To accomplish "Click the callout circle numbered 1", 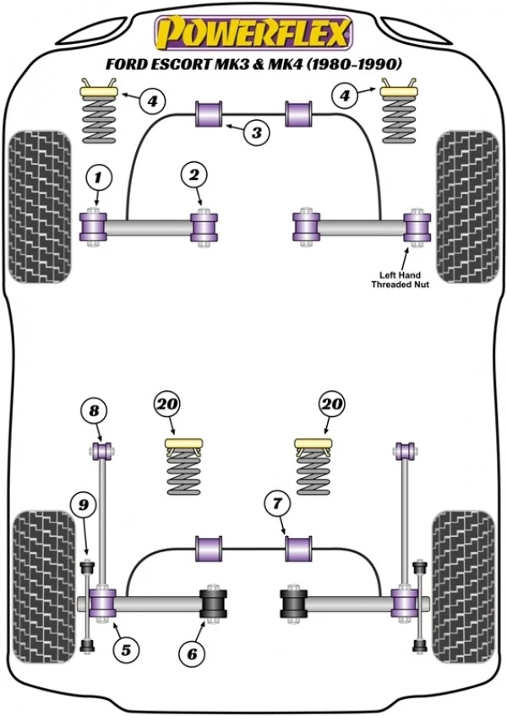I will tap(98, 176).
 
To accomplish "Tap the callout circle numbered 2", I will tap(194, 176).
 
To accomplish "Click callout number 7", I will tap(275, 504).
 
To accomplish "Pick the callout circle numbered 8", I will tap(95, 411).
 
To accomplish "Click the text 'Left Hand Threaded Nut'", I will tap(401, 279).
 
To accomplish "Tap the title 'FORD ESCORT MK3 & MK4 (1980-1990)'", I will tap(253, 64).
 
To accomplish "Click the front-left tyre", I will tap(39, 206).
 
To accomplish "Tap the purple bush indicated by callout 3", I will tap(209, 114).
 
